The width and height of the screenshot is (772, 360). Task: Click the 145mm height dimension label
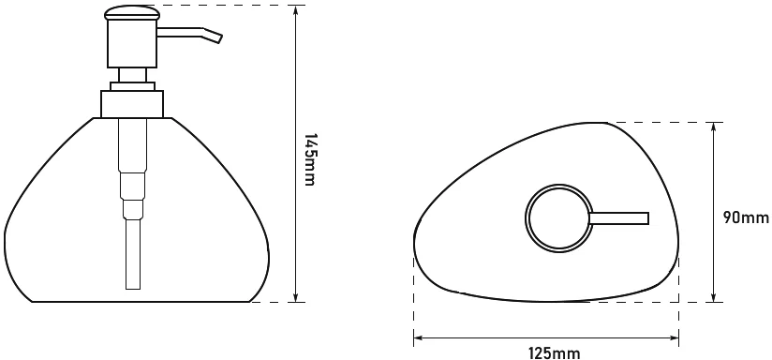point(309,159)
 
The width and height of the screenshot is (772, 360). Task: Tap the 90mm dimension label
point(746,217)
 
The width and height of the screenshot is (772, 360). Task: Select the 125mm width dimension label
point(555,353)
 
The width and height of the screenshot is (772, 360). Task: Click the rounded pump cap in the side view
point(131,13)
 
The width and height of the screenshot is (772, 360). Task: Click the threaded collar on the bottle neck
point(132,104)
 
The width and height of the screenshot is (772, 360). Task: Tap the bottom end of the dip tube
point(132,288)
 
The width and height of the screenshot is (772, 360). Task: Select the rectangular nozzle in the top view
point(619,218)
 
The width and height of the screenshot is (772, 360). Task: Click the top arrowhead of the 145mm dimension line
point(295,9)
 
